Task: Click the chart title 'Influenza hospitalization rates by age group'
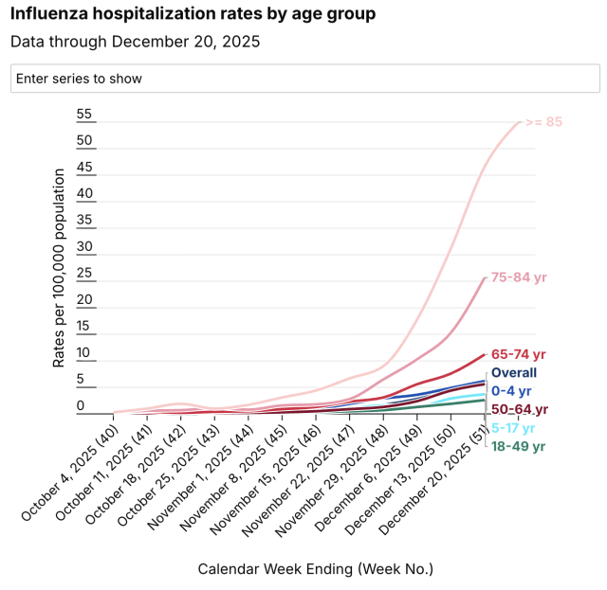click(193, 14)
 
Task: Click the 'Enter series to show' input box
click(304, 79)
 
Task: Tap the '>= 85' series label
click(543, 121)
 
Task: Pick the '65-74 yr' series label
click(520, 354)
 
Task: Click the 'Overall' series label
click(514, 373)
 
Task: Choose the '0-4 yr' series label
click(511, 390)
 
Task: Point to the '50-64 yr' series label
click(520, 409)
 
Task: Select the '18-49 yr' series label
click(518, 445)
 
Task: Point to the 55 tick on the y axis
click(84, 115)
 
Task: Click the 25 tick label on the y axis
click(84, 274)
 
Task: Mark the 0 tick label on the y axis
click(81, 406)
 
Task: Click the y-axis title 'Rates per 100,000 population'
click(59, 268)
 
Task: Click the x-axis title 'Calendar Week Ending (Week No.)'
click(315, 569)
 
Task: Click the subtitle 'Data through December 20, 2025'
click(135, 42)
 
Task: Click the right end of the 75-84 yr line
click(486, 277)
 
